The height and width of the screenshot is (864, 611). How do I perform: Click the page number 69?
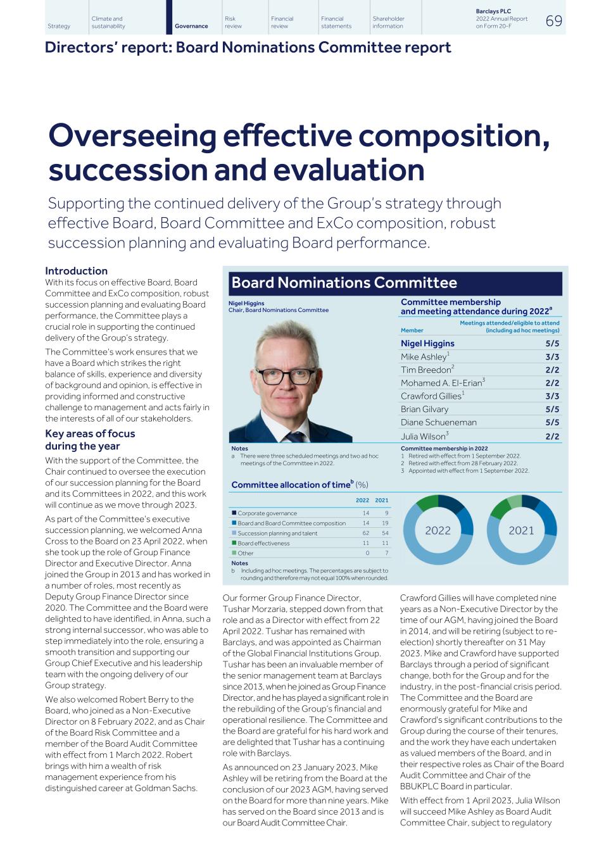[553, 22]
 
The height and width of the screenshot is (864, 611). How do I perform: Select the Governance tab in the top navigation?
[191, 26]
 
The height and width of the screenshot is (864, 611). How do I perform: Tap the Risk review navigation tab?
[233, 23]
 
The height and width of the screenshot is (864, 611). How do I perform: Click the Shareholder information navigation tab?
[388, 23]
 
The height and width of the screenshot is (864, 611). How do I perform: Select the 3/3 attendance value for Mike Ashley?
[552, 357]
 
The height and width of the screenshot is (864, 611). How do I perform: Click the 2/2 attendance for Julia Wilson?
[552, 436]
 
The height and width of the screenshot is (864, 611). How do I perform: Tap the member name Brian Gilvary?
[424, 410]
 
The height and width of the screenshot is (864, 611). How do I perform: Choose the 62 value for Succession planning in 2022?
[366, 534]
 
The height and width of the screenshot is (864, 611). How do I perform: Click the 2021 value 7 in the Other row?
[386, 553]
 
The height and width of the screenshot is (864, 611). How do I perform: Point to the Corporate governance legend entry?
[267, 513]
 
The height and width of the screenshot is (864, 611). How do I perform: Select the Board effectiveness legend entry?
[263, 543]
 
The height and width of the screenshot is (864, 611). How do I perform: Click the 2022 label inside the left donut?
[438, 530]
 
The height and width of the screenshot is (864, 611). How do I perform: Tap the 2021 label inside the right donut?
[521, 530]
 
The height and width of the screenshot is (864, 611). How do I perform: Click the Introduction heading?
[76, 271]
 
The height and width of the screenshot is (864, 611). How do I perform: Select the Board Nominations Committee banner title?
[344, 283]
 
